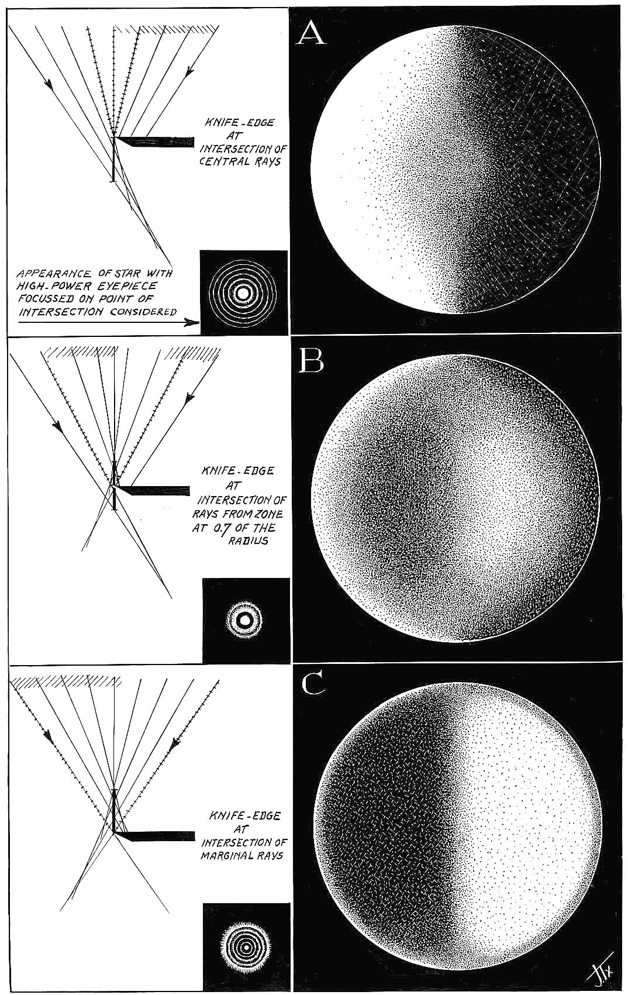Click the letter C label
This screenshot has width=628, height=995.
point(313,684)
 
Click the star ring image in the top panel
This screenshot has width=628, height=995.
point(243,292)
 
